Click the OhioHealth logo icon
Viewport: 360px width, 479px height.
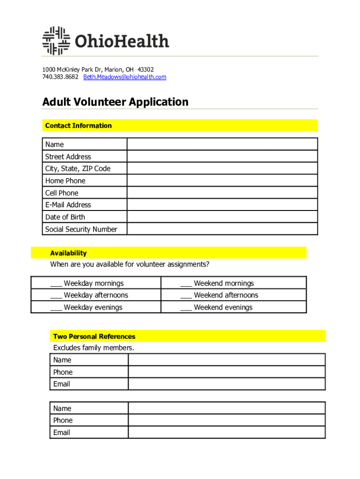56,41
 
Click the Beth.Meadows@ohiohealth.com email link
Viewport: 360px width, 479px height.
124,77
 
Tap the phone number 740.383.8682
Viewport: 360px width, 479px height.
60,77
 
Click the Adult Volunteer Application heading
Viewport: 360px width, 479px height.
115,102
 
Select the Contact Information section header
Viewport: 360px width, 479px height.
79,125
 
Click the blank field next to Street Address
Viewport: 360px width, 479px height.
222,157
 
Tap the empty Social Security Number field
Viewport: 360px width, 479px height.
222,229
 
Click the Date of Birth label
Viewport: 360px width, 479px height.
65,217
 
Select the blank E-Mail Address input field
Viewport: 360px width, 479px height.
222,205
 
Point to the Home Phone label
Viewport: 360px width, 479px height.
65,181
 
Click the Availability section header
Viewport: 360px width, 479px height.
68,253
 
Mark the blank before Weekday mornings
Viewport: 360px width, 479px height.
56,283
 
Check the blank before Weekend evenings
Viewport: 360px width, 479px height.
186,308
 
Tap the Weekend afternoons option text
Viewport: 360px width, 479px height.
226,295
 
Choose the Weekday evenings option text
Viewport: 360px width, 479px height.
93,307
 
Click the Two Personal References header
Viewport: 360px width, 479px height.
94,336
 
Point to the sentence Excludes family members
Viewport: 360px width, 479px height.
94,348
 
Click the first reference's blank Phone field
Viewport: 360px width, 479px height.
227,372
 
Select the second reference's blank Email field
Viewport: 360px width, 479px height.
227,433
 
